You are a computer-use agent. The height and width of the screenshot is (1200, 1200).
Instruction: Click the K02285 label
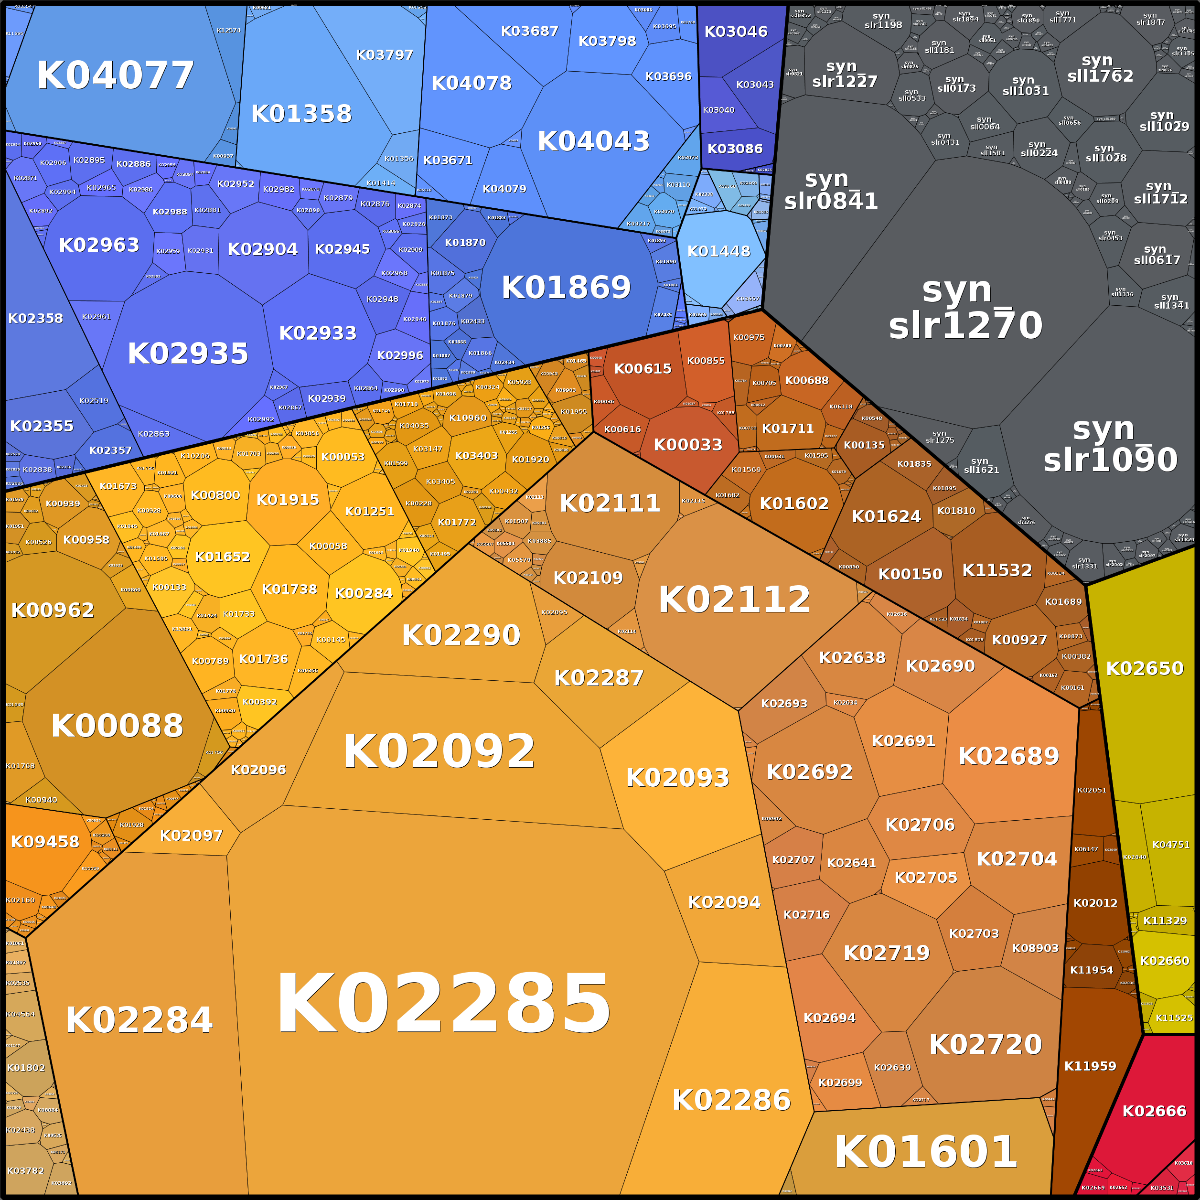(443, 1004)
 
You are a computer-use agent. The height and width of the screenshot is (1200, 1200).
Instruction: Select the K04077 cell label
(116, 76)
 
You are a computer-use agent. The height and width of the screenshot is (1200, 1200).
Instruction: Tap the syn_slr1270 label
(965, 309)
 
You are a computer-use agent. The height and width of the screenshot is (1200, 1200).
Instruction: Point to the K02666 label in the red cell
(1154, 1111)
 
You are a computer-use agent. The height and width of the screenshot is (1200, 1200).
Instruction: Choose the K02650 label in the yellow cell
(1145, 668)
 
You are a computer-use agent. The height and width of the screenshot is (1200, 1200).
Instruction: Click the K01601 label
(925, 1152)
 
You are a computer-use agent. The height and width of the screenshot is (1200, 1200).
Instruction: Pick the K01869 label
(566, 288)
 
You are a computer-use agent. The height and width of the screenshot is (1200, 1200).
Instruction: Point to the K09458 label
(45, 842)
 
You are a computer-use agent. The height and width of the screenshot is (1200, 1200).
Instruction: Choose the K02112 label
(734, 600)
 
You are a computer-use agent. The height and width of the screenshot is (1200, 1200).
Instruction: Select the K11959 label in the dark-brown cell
(1090, 1066)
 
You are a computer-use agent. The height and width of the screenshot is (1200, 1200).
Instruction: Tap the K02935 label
(188, 354)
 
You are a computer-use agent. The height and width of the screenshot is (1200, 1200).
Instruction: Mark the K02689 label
(1009, 756)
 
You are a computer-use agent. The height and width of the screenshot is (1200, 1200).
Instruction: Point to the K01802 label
(26, 1068)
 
